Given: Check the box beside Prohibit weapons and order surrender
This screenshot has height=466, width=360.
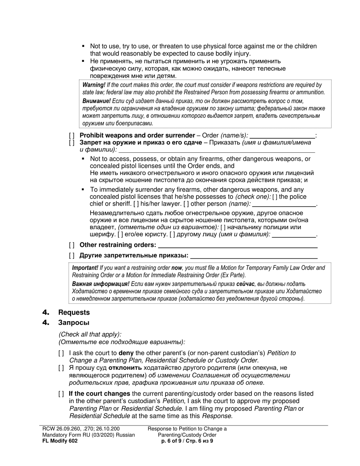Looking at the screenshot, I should [x=72, y=136].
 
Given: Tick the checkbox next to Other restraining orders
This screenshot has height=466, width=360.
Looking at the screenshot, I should [x=72, y=245].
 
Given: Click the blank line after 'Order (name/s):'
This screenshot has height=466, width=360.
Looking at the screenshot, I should [x=282, y=136].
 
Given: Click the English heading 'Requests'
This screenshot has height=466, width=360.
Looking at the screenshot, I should [x=74, y=313].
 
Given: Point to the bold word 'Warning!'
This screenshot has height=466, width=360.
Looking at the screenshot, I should [x=94, y=85].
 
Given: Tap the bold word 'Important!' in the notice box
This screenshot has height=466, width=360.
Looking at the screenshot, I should [x=85, y=268].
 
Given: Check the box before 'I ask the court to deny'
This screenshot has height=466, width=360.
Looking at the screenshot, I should [x=61, y=353].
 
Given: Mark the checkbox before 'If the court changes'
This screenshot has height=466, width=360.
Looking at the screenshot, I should [x=61, y=394].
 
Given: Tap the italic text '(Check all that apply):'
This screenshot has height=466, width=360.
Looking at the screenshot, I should [x=90, y=335].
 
